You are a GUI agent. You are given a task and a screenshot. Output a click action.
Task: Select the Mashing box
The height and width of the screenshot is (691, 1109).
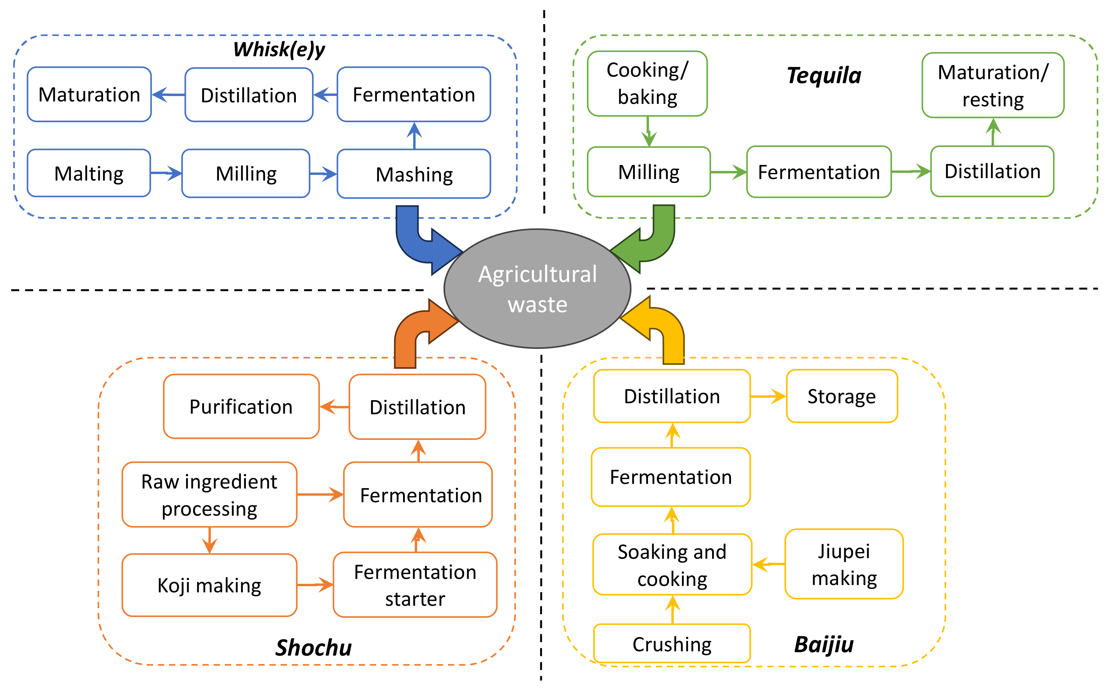414,174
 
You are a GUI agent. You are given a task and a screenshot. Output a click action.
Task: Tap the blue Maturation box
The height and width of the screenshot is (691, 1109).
89,95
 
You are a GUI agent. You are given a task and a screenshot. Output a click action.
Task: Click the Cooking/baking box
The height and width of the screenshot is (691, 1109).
647,84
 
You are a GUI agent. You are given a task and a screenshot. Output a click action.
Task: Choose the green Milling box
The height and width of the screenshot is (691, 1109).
649,172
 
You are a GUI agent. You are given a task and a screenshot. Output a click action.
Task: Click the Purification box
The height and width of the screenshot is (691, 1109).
241,407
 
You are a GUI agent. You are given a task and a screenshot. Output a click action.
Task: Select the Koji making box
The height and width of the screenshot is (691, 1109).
209,585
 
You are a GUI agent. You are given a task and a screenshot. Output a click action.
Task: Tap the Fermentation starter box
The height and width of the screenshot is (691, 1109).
415,585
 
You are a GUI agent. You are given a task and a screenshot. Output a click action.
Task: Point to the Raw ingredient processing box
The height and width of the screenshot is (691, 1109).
209,495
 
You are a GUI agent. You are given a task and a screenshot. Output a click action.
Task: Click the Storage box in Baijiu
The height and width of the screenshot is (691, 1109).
841,396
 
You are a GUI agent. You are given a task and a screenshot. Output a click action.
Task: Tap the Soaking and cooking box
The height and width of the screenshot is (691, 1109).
672,565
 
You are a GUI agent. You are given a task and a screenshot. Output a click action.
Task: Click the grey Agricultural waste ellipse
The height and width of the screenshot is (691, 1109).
537,289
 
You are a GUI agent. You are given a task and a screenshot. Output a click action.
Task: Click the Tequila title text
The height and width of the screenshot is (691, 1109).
824,75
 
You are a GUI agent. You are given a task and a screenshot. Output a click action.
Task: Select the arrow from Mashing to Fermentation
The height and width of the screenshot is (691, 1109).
414,136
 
